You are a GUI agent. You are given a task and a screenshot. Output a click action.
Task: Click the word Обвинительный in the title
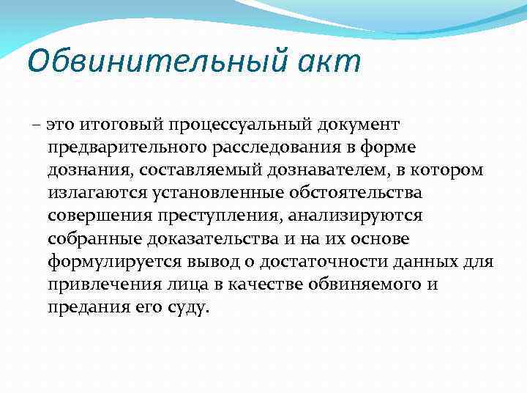(149, 61)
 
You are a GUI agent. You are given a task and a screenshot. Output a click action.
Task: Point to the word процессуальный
(240, 126)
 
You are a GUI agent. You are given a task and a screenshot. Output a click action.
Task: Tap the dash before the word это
(37, 126)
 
